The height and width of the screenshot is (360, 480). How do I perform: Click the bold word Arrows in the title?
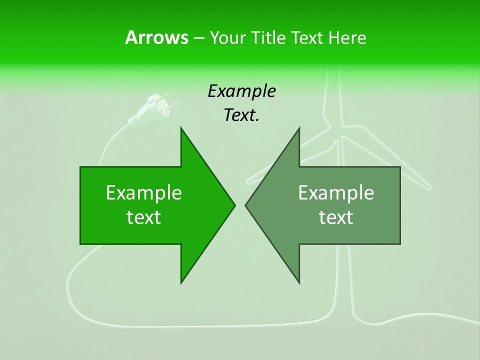[x=156, y=37]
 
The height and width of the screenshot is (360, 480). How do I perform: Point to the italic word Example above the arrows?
[x=241, y=91]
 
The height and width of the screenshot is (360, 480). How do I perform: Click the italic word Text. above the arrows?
[x=241, y=115]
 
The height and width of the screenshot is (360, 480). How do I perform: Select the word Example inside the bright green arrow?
[x=144, y=192]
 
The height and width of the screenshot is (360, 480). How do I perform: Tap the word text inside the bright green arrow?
[x=144, y=217]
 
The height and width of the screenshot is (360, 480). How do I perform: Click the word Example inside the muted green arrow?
[x=336, y=192]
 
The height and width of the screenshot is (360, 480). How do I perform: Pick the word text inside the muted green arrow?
[x=336, y=217]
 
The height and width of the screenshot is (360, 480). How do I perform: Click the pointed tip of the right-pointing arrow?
[x=234, y=205]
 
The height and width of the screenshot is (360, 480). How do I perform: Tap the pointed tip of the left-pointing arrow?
[x=245, y=205]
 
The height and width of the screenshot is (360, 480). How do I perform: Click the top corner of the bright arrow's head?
[x=181, y=128]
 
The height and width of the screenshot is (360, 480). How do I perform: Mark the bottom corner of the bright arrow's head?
[x=181, y=283]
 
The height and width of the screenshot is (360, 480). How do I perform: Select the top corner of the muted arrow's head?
[x=299, y=128]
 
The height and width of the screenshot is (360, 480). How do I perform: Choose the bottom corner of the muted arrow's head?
[x=299, y=283]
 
